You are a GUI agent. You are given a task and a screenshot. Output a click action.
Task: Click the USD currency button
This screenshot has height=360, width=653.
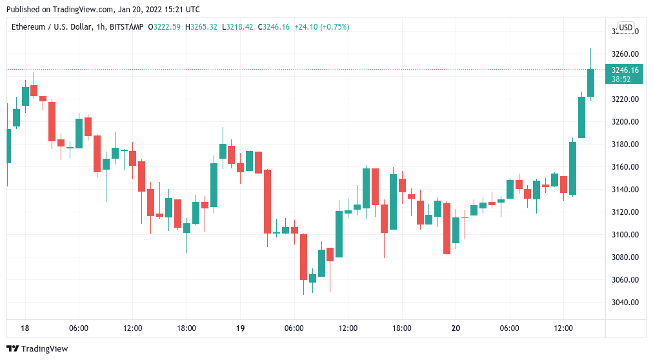[x=625, y=27]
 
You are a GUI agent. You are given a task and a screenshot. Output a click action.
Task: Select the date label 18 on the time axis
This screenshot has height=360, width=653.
[x=25, y=328]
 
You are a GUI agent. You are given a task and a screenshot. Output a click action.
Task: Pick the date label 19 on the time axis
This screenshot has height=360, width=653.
[x=240, y=328]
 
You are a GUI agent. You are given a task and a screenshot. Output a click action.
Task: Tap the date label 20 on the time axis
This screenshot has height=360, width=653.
[x=456, y=328]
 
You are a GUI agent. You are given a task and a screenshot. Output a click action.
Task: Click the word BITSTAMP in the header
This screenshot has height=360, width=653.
[x=126, y=27]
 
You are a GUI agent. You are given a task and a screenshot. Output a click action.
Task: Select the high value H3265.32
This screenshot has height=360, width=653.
[x=202, y=27]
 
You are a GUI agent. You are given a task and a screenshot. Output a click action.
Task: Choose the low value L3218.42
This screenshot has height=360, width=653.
[x=238, y=27]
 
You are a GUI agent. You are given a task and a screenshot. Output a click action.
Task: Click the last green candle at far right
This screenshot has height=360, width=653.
[x=590, y=83]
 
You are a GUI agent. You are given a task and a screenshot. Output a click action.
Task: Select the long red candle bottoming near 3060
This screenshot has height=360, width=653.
[x=303, y=257]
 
